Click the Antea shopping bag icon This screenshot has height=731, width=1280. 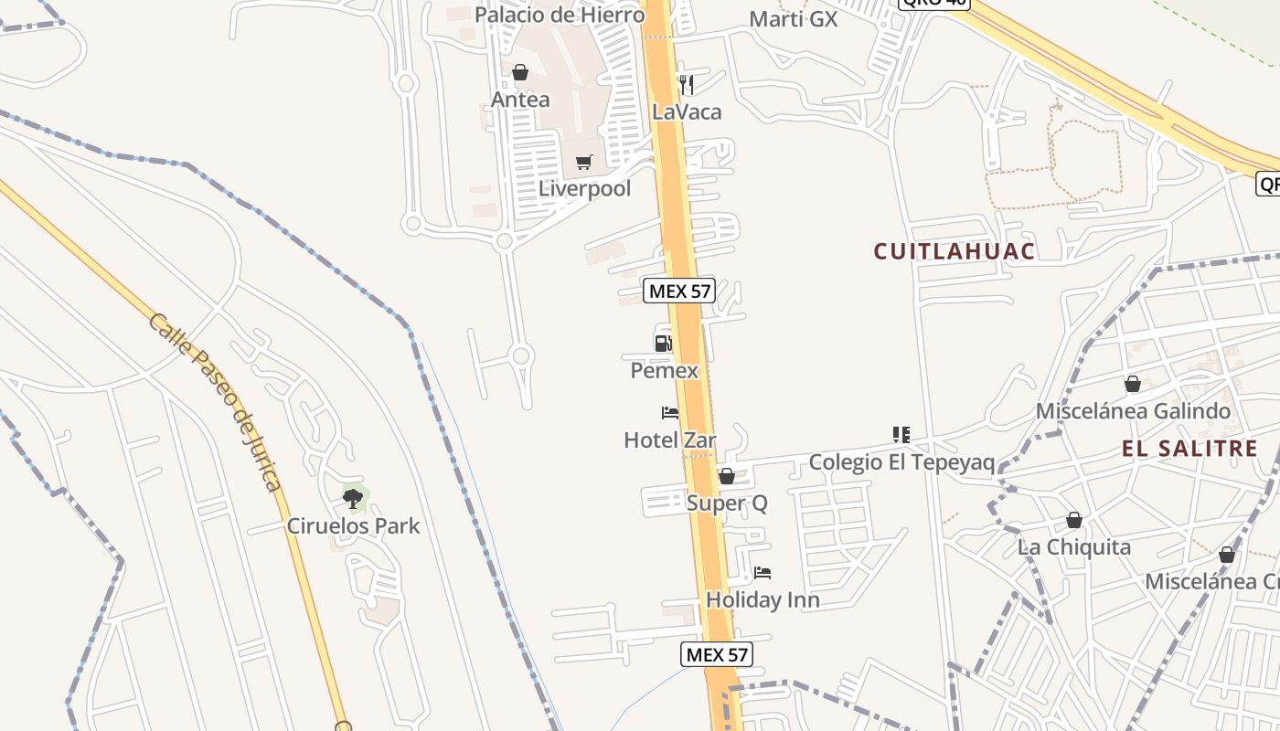click(x=520, y=72)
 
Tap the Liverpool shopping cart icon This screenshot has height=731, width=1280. click(x=584, y=163)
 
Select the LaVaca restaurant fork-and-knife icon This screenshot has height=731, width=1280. click(x=687, y=85)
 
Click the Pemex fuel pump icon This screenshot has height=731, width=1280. click(x=664, y=343)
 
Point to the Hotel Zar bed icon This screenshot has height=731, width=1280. click(x=670, y=413)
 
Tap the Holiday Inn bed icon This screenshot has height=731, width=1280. click(x=763, y=573)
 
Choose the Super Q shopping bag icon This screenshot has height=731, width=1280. click(x=727, y=476)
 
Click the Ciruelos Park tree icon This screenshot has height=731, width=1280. click(x=353, y=498)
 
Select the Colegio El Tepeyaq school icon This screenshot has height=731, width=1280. click(x=901, y=435)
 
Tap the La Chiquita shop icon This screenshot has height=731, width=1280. click(x=1074, y=520)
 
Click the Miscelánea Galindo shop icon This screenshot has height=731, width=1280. click(x=1133, y=384)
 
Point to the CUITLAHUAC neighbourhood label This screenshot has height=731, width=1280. click(x=955, y=251)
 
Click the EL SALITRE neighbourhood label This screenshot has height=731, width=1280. click(x=1190, y=449)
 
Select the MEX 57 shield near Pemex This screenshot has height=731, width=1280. click(x=679, y=291)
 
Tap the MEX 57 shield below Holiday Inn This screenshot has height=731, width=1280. click(x=717, y=654)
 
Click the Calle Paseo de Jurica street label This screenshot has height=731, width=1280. click(x=215, y=402)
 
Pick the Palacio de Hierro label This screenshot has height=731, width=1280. click(x=560, y=15)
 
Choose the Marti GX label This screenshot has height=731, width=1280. click(x=793, y=18)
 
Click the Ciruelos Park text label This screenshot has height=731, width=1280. click(x=354, y=525)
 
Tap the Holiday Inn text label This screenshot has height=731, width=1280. click(x=763, y=600)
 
